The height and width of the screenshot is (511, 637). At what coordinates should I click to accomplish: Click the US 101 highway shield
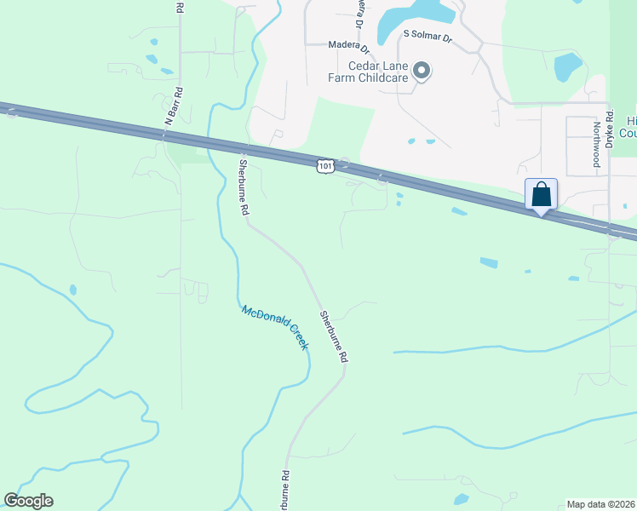point(324,164)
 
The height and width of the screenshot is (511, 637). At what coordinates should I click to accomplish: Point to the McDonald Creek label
point(274,327)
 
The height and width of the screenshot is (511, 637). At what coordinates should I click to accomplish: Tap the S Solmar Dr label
point(427,37)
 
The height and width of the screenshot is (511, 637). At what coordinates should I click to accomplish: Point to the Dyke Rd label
point(610,127)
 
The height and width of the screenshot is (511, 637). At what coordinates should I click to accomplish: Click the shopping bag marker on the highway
point(541,194)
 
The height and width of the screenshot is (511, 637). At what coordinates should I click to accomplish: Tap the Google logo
point(28,501)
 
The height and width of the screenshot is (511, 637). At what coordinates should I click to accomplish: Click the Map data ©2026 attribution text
point(600,504)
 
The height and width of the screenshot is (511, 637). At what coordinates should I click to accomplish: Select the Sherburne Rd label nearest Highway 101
point(244,187)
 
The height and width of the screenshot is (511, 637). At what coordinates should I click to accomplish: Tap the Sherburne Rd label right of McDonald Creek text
point(334,337)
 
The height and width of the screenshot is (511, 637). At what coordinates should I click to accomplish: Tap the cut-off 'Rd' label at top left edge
point(179,7)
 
